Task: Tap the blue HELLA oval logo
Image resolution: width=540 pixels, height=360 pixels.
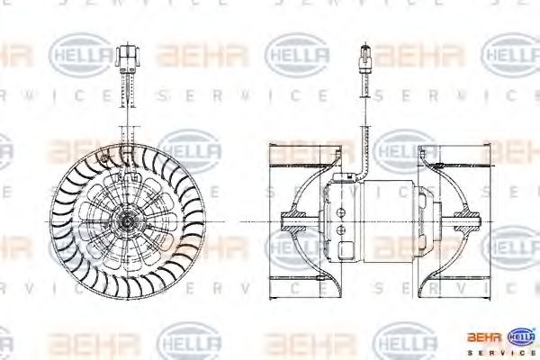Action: click(522, 337)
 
